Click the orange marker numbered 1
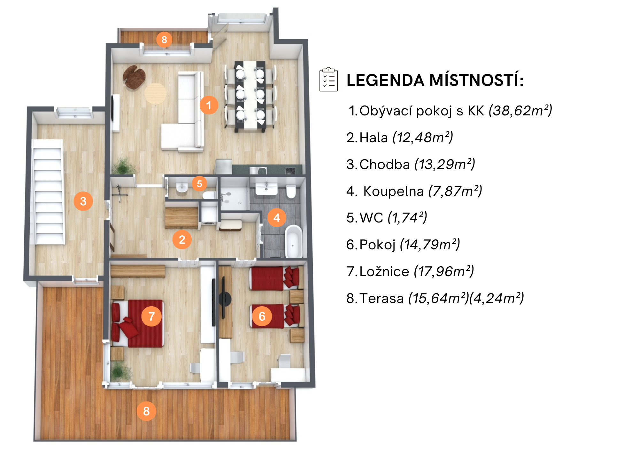[209, 105]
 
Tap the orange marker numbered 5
[199, 184]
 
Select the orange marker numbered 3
[83, 201]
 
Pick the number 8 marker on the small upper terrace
[164, 40]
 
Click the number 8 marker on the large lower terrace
[146, 411]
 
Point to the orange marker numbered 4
[277, 218]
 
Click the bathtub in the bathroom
[294, 241]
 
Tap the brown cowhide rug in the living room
[134, 77]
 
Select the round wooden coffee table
[155, 94]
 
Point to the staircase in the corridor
[49, 192]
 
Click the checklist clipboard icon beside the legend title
[329, 79]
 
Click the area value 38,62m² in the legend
[520, 111]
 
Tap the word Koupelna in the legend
[394, 191]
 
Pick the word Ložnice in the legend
[384, 271]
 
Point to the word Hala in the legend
[374, 138]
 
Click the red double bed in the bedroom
[137, 323]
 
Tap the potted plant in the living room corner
[123, 165]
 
